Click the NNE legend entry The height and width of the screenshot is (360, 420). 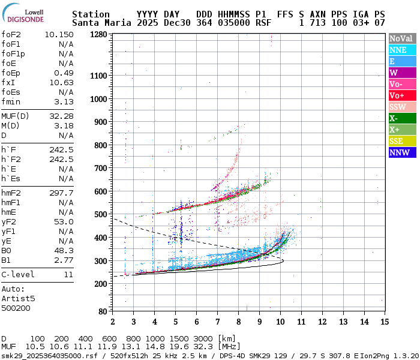pos(398,50)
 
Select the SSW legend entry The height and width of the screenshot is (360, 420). pos(398,107)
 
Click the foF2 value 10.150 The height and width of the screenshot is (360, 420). pos(59,34)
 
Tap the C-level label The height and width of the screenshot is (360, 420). pos(18,274)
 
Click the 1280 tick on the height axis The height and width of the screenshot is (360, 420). pos(98,35)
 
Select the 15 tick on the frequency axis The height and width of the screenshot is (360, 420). pos(383,322)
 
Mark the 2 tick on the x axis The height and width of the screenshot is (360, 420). pos(112,322)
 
